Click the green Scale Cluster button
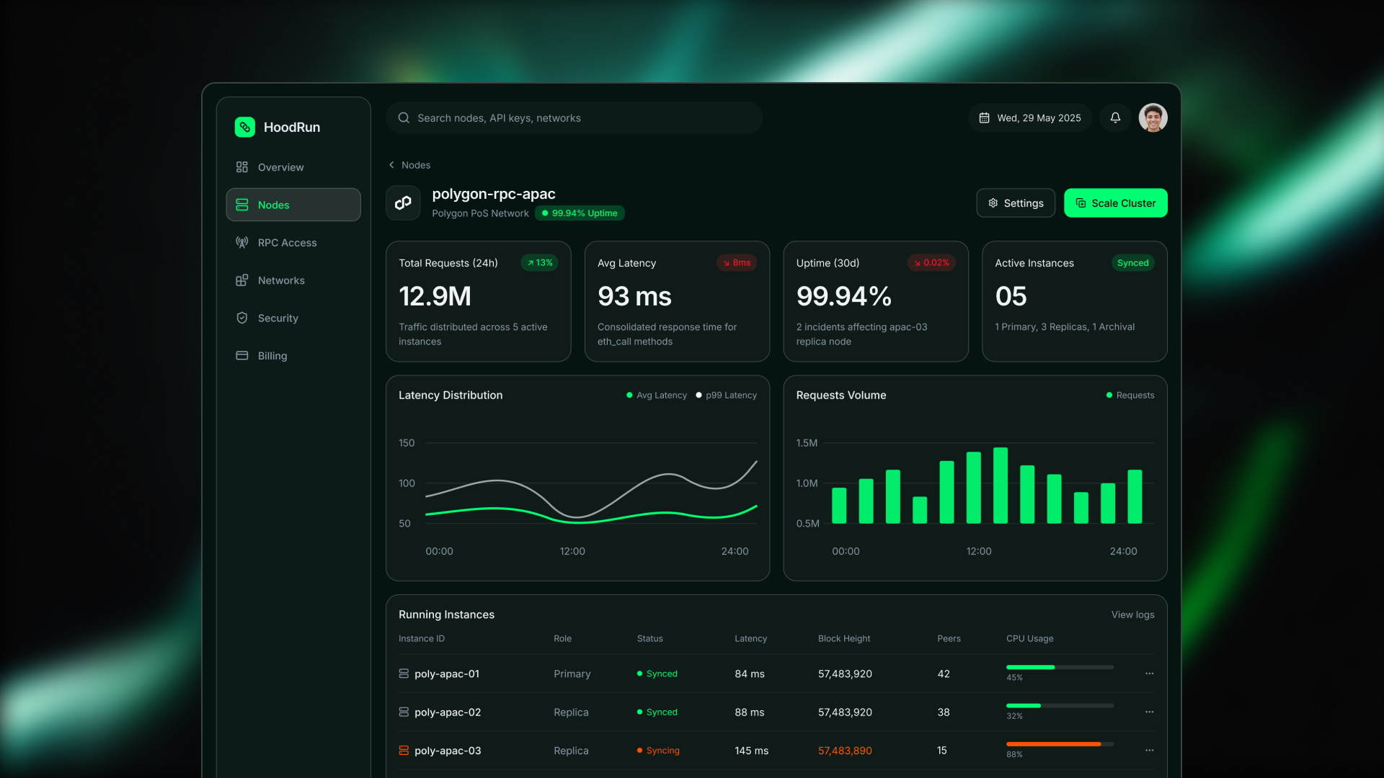(x=1115, y=203)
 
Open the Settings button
(x=1015, y=203)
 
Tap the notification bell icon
(x=1115, y=117)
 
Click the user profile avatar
(x=1153, y=117)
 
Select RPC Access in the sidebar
(x=287, y=243)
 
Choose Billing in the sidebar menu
(x=272, y=356)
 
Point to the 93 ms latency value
(x=634, y=296)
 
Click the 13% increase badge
(x=540, y=263)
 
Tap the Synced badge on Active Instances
(x=1132, y=263)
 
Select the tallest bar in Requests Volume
(x=1001, y=485)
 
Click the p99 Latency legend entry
(x=727, y=395)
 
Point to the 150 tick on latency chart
(x=407, y=443)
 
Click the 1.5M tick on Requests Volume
(x=807, y=443)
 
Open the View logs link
(x=1132, y=614)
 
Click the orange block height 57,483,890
(x=845, y=751)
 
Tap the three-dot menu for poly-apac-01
(x=1149, y=674)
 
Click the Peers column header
(x=949, y=639)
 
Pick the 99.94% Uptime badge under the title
(x=580, y=213)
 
